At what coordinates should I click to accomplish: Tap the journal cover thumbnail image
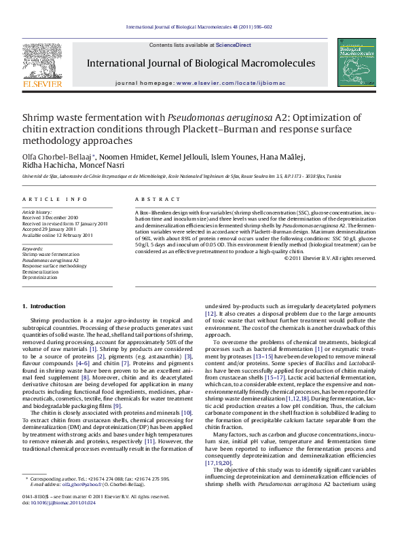[359, 62]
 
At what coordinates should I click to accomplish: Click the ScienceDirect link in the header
[233, 45]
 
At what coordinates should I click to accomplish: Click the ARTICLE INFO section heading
[55, 199]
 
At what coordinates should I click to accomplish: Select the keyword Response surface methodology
[54, 266]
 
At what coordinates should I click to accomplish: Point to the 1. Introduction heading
[44, 306]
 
